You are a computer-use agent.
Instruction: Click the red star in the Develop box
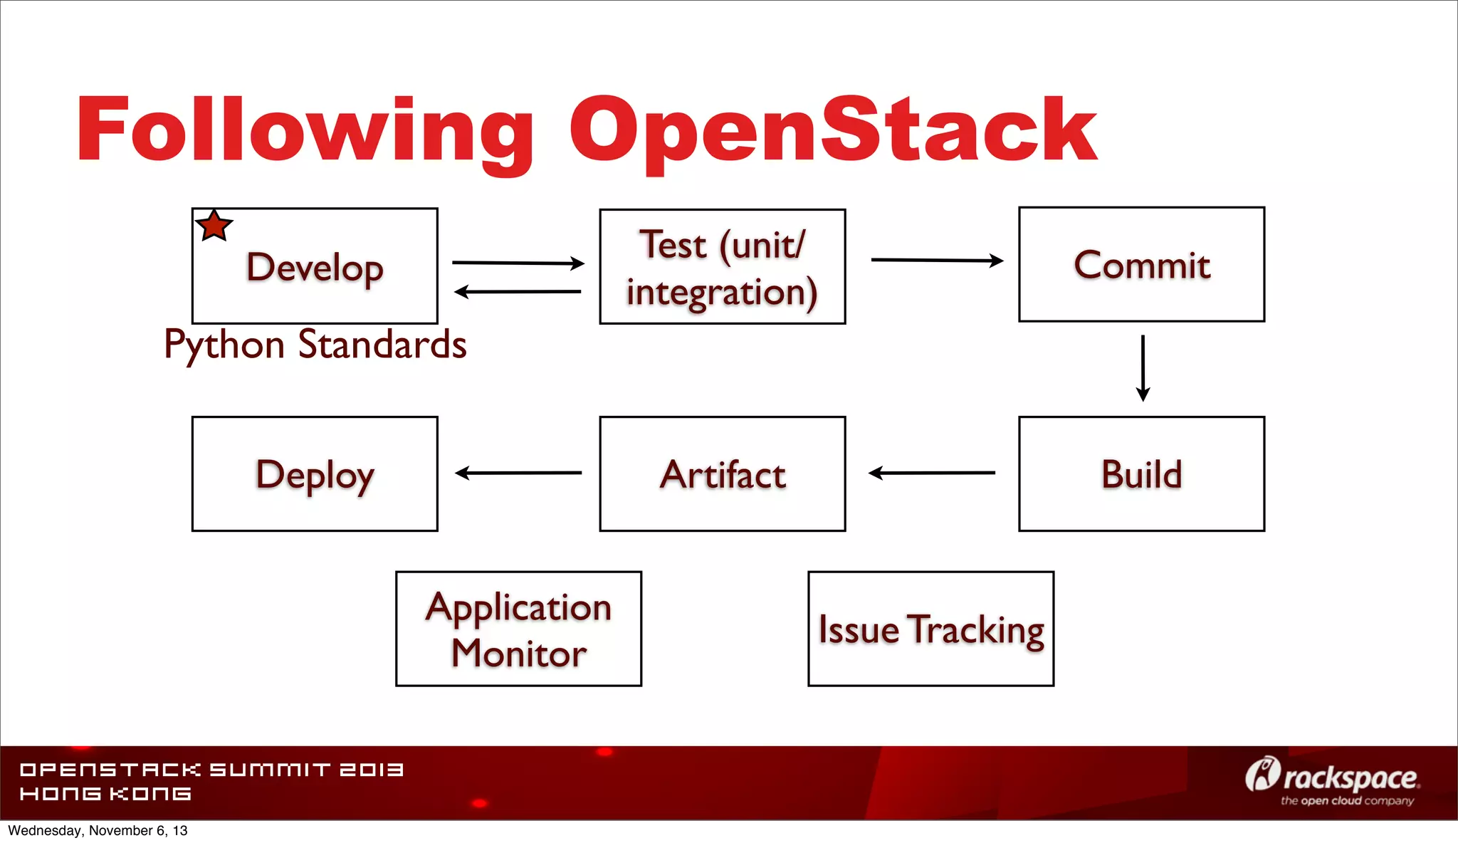(214, 226)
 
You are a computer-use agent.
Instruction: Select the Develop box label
(315, 268)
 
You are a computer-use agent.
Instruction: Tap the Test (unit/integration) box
(722, 267)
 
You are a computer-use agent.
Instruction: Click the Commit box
(1141, 265)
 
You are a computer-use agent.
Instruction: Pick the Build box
(1141, 474)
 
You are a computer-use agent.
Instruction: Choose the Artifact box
(722, 474)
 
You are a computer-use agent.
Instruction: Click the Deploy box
(315, 474)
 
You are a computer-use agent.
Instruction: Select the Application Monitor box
(518, 629)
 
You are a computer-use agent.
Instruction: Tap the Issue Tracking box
(930, 629)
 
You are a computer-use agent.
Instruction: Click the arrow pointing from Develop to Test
(518, 263)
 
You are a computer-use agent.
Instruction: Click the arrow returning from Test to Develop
(518, 291)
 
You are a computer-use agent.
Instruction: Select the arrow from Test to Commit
(936, 261)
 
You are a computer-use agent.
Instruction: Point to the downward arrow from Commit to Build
(1143, 367)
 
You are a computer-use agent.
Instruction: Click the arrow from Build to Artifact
(931, 473)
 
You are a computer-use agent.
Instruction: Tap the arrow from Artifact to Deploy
(518, 473)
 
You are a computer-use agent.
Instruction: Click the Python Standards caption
(315, 345)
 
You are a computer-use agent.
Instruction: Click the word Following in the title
(305, 132)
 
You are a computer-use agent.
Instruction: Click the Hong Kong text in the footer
(105, 794)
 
